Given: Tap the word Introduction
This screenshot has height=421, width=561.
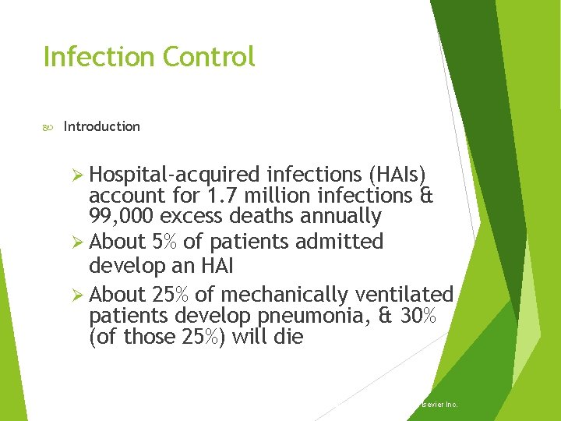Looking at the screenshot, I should tap(102, 126).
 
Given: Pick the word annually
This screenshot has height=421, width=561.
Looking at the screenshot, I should tap(343, 216).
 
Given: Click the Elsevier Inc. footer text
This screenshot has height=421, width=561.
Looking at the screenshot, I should tap(438, 405).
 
